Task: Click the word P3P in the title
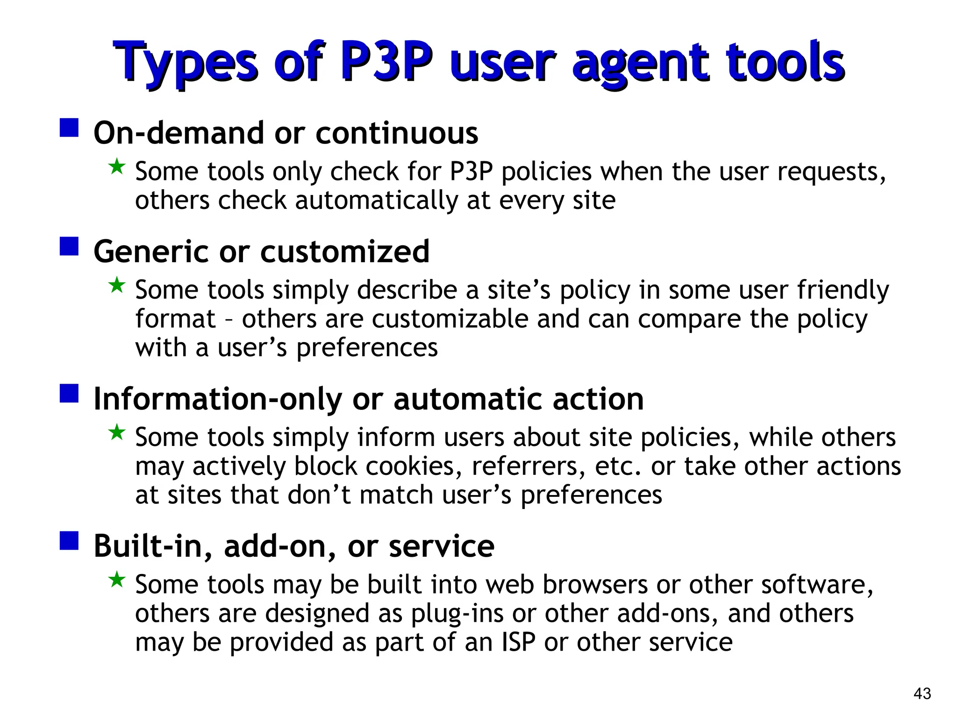(387, 62)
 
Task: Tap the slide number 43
(922, 693)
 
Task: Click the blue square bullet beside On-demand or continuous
(69, 127)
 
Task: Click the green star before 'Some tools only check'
(116, 166)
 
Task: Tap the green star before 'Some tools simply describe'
(116, 285)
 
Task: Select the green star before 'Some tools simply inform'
(116, 432)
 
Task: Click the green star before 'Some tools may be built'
(116, 580)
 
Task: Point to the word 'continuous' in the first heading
(397, 133)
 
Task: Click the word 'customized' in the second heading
(344, 251)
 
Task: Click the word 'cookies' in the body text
(410, 466)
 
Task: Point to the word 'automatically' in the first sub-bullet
(377, 201)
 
